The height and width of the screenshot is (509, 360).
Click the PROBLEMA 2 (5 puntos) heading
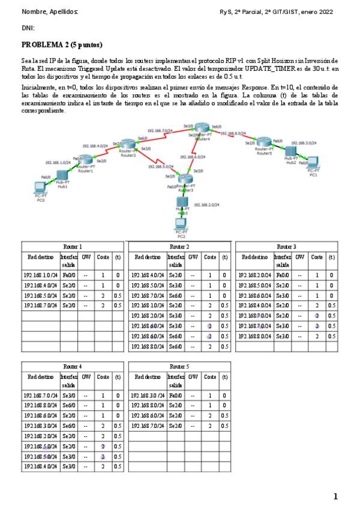tap(62, 44)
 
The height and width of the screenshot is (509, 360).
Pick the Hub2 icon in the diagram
tap(291, 151)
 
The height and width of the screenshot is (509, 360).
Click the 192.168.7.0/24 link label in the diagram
tap(160, 130)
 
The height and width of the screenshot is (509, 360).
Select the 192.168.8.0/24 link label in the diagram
tap(233, 133)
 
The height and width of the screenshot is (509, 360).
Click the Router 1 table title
tap(73, 246)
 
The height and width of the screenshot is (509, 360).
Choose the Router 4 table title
tap(73, 366)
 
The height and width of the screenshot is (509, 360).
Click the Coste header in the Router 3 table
tap(317, 257)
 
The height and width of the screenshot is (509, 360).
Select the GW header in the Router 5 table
tap(193, 376)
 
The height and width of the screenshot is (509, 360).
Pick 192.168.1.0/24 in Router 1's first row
tap(41, 275)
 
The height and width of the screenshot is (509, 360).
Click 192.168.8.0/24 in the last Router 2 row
tap(148, 346)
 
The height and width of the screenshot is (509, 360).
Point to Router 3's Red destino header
tap(254, 257)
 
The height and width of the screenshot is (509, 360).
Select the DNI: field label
tap(28, 28)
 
